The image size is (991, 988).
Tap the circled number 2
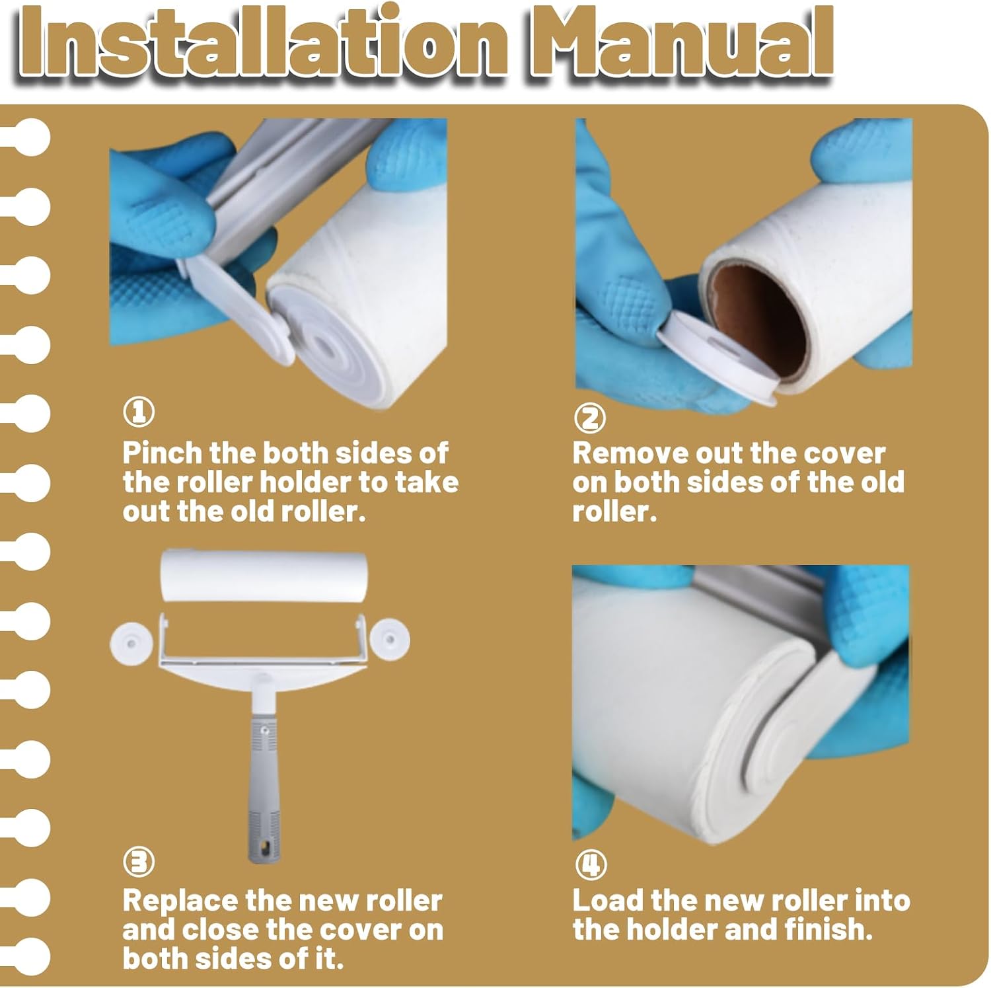coord(590,418)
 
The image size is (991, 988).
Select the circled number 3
coord(139,862)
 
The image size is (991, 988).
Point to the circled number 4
coord(590,865)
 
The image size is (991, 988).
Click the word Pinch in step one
coord(162,453)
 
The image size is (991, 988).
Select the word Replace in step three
coord(180,901)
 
